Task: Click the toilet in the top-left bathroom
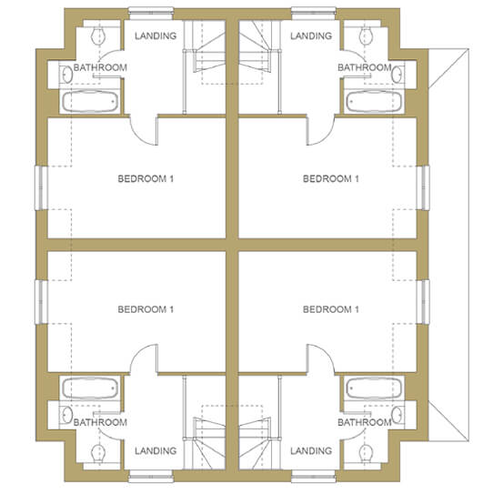pyautogui.click(x=98, y=35)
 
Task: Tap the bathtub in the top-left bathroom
pyautogui.click(x=90, y=102)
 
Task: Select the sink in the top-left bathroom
pyautogui.click(x=67, y=75)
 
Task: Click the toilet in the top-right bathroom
pyautogui.click(x=366, y=35)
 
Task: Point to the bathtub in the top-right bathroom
pyautogui.click(x=374, y=102)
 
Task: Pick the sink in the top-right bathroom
pyautogui.click(x=397, y=75)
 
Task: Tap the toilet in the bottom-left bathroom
pyautogui.click(x=98, y=453)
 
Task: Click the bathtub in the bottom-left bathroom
pyautogui.click(x=90, y=388)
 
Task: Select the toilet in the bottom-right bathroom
pyautogui.click(x=366, y=453)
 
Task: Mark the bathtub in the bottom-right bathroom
pyautogui.click(x=374, y=388)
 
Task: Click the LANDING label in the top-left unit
pyautogui.click(x=156, y=35)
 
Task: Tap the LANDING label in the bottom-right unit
pyautogui.click(x=311, y=451)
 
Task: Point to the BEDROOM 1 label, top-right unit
pyautogui.click(x=331, y=178)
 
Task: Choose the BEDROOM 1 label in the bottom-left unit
pyautogui.click(x=146, y=309)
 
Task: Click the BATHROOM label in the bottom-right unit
pyautogui.click(x=365, y=422)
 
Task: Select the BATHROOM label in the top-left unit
pyautogui.click(x=100, y=67)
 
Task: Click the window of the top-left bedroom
pyautogui.click(x=41, y=187)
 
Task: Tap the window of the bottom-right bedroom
pyautogui.click(x=423, y=302)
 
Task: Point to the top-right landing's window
pyautogui.click(x=314, y=14)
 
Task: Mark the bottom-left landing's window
pyautogui.click(x=151, y=476)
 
